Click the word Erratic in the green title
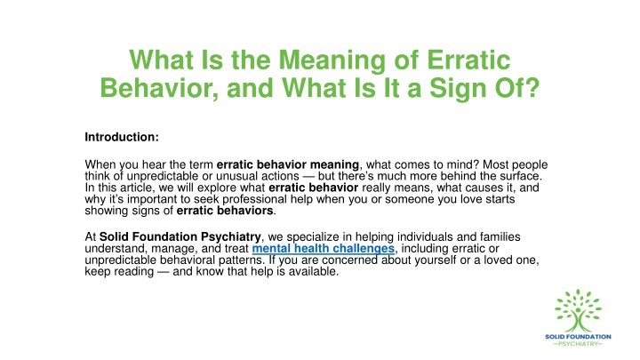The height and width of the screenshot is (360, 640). [x=468, y=60]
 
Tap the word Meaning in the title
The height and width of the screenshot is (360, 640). [x=332, y=61]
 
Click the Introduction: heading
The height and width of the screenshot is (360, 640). [x=122, y=137]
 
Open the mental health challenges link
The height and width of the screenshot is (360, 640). [x=324, y=249]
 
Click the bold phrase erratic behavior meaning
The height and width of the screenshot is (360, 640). [x=288, y=164]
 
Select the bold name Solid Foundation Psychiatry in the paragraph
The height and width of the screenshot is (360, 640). [x=180, y=237]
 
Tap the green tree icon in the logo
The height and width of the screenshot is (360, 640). [x=578, y=310]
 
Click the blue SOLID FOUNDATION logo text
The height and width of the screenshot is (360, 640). [x=578, y=337]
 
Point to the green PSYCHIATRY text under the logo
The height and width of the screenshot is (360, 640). [x=578, y=344]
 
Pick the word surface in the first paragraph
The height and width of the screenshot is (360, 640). [x=520, y=176]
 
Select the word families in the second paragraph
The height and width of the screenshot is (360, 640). [x=500, y=236]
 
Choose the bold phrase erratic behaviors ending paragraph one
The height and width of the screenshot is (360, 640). [x=225, y=211]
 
